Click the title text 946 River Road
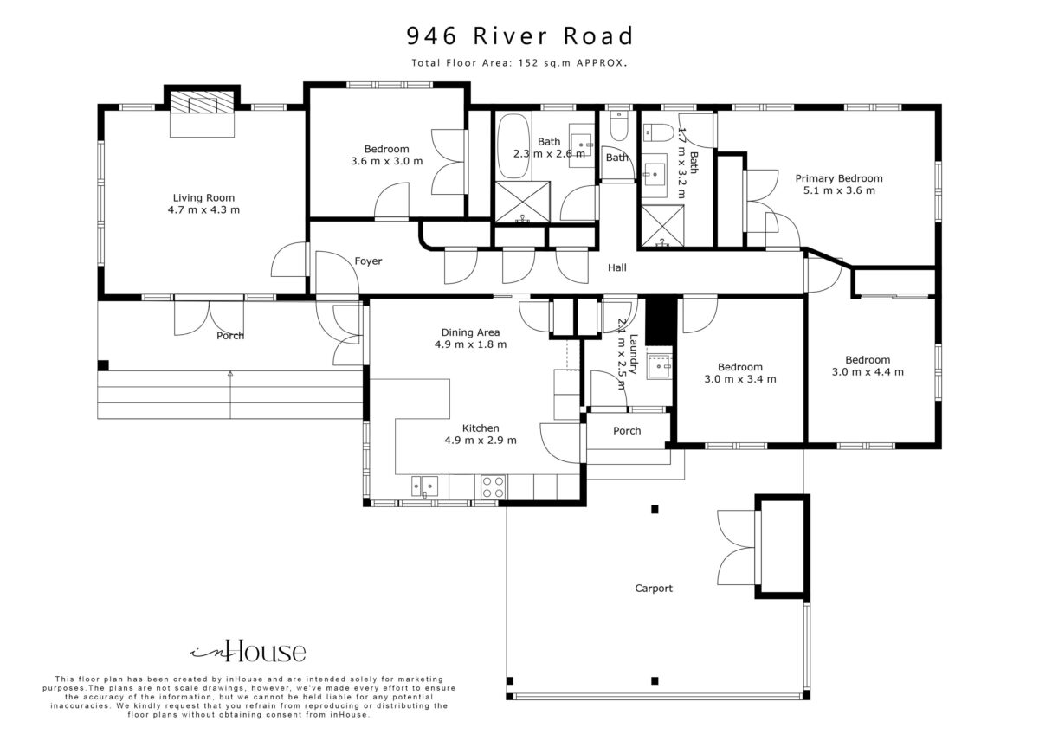tap(519, 36)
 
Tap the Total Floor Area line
tap(519, 63)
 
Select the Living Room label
tap(203, 198)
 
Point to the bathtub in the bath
tap(513, 146)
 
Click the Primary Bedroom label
tap(839, 178)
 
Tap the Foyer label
tap(368, 261)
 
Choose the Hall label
tap(616, 267)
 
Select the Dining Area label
tap(470, 332)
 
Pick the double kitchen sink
tap(425, 486)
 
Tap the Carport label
tap(654, 589)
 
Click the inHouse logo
tap(248, 652)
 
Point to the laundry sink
tap(659, 367)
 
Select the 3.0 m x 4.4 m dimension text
tap(868, 372)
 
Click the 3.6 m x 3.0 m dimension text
tap(386, 161)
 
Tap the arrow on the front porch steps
tap(230, 395)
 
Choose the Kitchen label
tap(481, 428)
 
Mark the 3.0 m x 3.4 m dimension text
tap(739, 379)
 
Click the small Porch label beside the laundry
tap(627, 431)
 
